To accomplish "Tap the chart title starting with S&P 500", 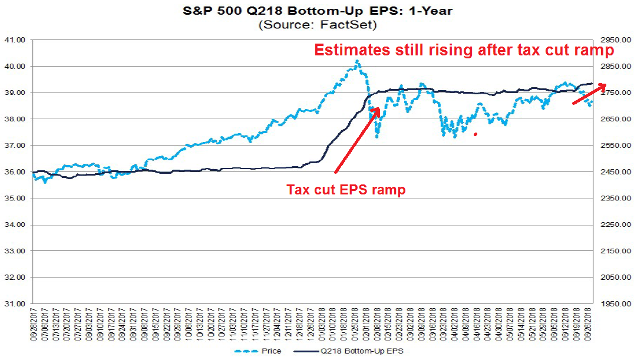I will pos(318,11).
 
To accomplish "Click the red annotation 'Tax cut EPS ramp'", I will pos(346,190).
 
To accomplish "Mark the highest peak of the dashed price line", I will pos(357,61).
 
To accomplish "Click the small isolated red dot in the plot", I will pos(475,134).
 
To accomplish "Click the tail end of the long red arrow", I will pos(335,173).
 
